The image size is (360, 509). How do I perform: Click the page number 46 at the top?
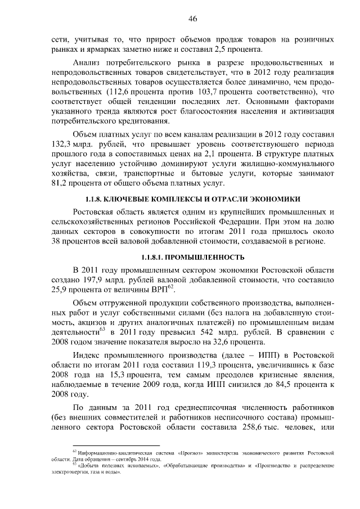point(192,19)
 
